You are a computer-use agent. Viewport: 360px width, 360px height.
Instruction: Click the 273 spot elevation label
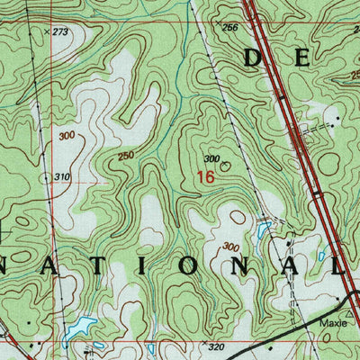pyautogui.click(x=60, y=31)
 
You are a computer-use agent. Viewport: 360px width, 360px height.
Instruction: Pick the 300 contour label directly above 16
pyautogui.click(x=211, y=159)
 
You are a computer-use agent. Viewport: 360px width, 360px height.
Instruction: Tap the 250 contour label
pyautogui.click(x=127, y=157)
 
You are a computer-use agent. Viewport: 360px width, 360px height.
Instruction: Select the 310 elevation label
pyautogui.click(x=61, y=176)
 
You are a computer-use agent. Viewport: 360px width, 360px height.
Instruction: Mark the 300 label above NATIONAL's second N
pyautogui.click(x=231, y=246)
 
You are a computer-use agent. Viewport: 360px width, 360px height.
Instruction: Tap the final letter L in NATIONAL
pyautogui.click(x=337, y=267)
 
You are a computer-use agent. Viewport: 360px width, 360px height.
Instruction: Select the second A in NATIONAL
pyautogui.click(x=287, y=267)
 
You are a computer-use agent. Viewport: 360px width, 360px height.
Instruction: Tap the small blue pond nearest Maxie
pyautogui.click(x=321, y=256)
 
